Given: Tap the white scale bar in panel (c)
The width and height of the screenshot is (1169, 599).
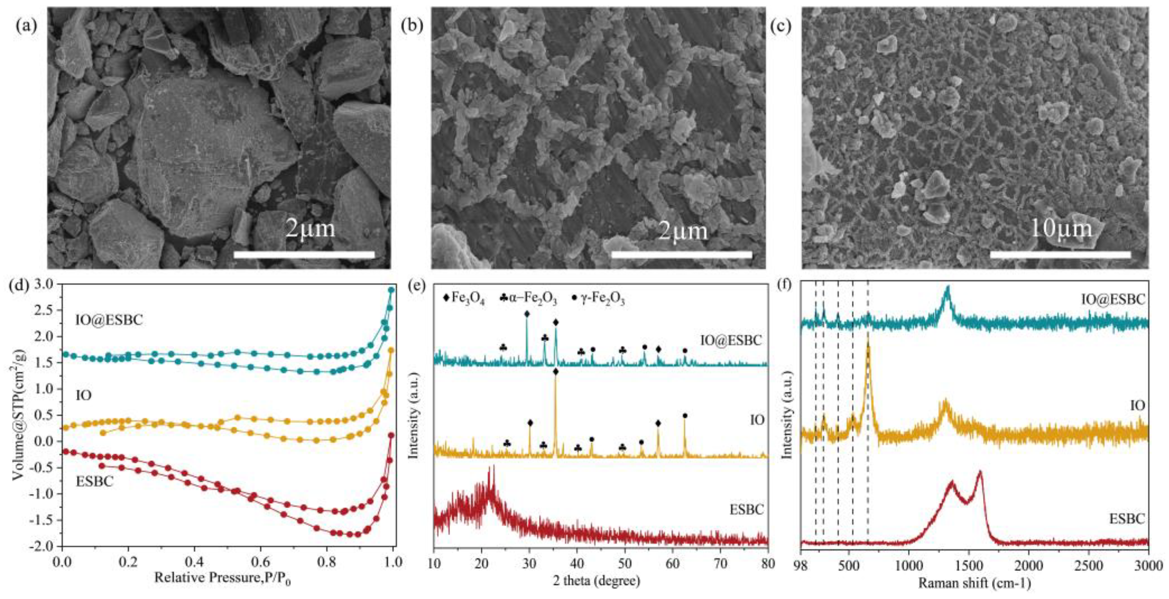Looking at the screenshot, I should click(1060, 255).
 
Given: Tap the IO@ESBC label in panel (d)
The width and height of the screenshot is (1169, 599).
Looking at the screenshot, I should click(109, 320).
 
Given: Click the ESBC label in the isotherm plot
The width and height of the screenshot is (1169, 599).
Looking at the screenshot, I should click(94, 481).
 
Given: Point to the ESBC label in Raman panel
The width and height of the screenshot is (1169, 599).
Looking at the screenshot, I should click(1127, 518).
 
